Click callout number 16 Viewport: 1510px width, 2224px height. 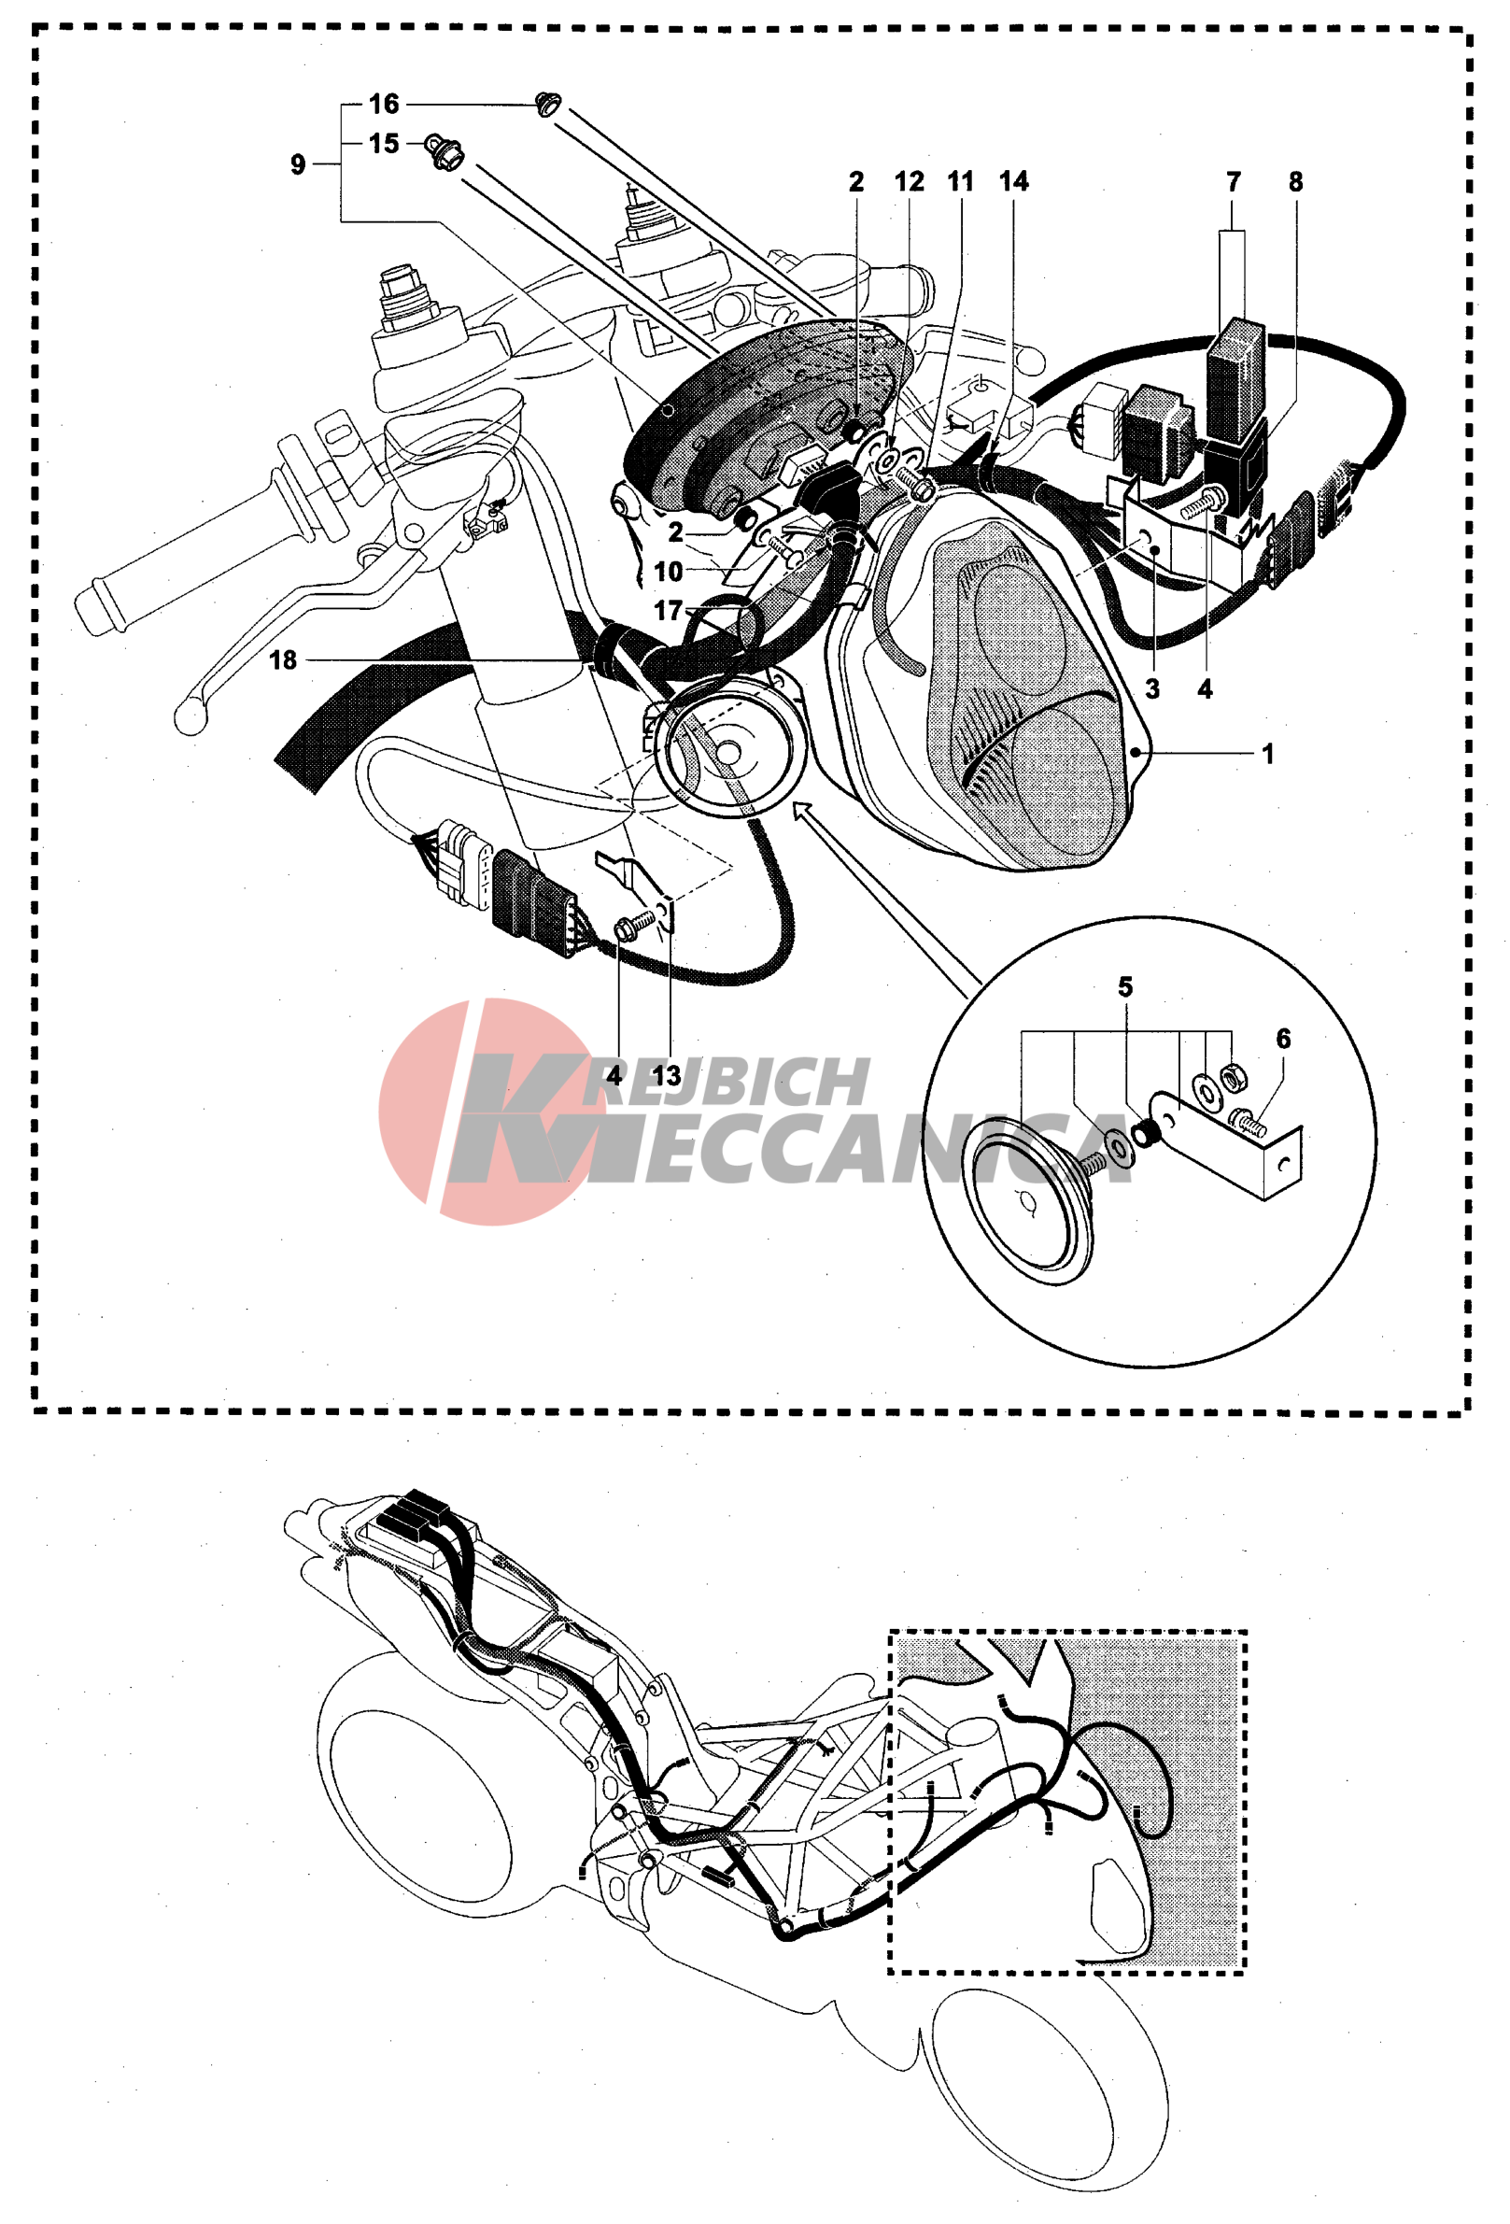pos(384,104)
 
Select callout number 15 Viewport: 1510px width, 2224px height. pos(384,144)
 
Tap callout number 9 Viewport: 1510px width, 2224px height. pos(298,164)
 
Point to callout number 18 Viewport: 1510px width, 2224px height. pos(283,659)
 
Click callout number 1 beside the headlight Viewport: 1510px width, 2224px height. pos(1268,754)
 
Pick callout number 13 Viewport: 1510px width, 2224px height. pos(666,1076)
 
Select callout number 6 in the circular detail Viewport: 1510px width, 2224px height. pos(1283,1039)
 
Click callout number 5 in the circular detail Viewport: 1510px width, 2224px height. pos(1125,986)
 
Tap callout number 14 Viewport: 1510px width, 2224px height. pos(1014,181)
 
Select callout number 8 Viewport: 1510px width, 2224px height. pos(1295,181)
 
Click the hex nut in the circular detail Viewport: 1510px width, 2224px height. pos(1235,1078)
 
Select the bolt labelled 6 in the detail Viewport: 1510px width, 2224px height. pos(1246,1121)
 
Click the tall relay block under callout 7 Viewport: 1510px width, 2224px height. pos(1235,378)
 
